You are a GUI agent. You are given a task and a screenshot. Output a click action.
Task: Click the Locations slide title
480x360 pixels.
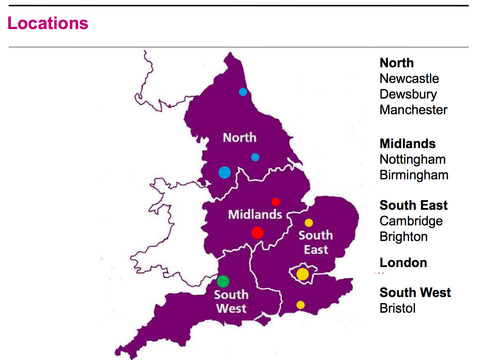tap(48, 23)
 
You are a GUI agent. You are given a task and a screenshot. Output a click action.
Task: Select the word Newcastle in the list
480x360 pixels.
tap(409, 79)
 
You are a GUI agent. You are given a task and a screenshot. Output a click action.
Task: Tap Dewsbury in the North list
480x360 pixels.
tap(408, 94)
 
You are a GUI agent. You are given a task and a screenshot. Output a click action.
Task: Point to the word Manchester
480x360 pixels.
tap(413, 110)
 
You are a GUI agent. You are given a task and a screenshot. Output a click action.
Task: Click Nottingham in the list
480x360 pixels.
tap(412, 159)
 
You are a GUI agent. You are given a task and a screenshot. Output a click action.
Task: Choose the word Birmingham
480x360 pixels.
tap(414, 175)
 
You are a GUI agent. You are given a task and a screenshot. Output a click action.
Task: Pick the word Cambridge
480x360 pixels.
tap(411, 221)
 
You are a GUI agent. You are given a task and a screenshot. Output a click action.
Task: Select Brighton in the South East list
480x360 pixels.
tap(404, 237)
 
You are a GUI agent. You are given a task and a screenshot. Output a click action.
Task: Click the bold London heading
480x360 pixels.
tap(403, 263)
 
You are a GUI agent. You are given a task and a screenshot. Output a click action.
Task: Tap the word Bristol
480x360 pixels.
tap(397, 308)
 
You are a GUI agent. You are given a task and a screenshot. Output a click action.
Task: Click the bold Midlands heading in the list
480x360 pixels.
tap(407, 144)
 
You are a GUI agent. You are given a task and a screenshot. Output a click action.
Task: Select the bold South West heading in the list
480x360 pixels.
tap(415, 293)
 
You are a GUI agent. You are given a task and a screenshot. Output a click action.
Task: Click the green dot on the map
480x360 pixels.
tap(223, 281)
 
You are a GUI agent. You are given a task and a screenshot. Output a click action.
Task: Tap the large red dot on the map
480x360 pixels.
tap(257, 233)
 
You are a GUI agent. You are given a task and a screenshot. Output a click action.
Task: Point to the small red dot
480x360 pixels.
tap(275, 201)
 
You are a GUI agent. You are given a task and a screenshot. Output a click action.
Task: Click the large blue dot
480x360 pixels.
tap(225, 172)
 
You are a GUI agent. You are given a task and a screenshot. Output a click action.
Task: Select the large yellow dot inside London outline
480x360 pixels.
tap(302, 274)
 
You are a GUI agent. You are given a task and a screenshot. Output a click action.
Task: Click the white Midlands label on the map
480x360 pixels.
tap(255, 214)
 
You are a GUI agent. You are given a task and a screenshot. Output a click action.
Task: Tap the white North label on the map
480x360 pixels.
tap(239, 138)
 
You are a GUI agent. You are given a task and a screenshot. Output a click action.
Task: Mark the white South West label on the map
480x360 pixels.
tap(231, 301)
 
